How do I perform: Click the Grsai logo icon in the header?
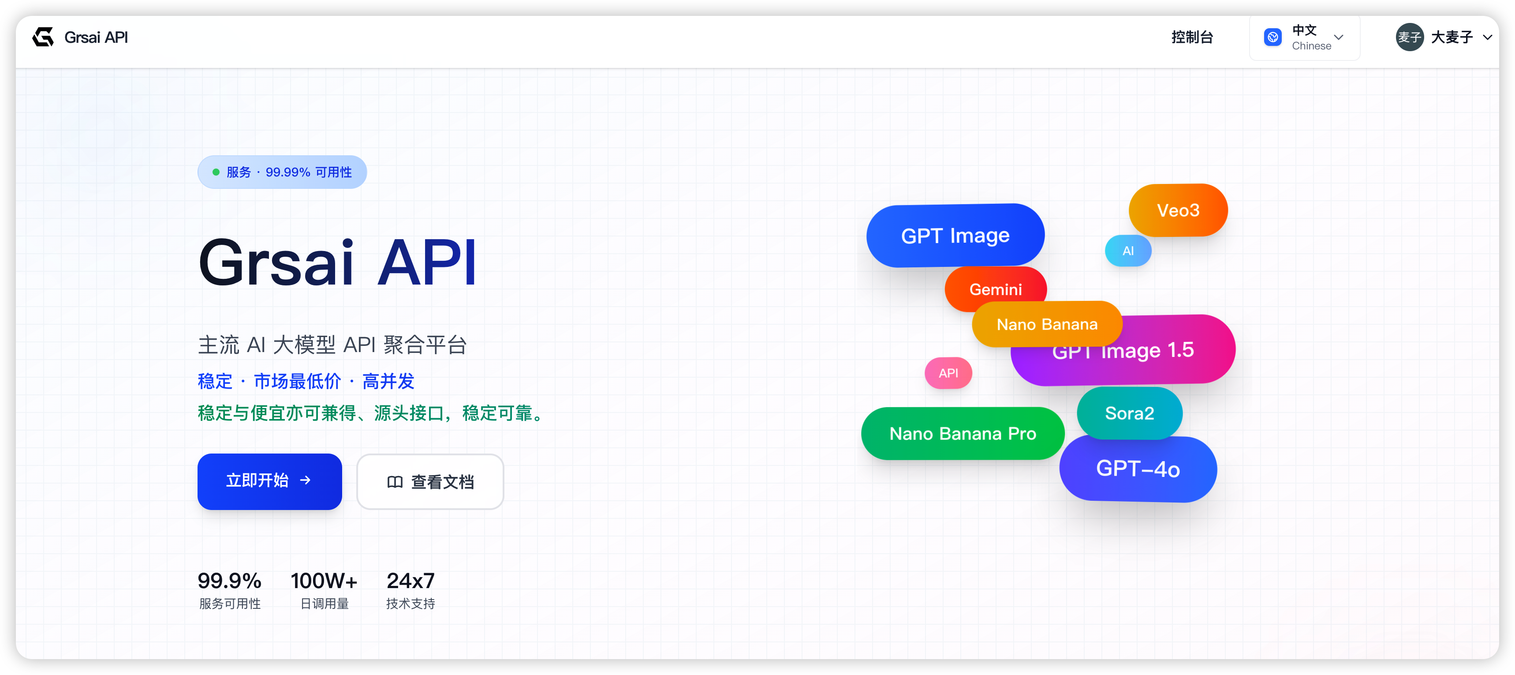(43, 37)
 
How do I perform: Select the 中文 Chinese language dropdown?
(1304, 37)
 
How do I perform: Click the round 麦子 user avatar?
(1409, 37)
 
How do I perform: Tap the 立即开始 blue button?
(269, 481)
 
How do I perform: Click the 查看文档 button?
(430, 481)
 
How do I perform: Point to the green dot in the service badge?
(216, 172)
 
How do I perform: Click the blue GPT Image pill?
(955, 236)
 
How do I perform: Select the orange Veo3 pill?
(1178, 210)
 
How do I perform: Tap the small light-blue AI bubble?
(1128, 251)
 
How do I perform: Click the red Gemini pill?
(996, 289)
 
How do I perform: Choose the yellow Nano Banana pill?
(1047, 324)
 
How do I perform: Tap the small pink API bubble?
(948, 373)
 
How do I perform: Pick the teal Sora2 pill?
(1129, 413)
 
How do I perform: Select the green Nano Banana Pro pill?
(963, 434)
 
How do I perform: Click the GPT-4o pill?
(1138, 469)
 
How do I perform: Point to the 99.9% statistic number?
(229, 581)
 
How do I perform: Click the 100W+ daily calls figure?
(324, 581)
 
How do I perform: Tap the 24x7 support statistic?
(410, 581)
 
